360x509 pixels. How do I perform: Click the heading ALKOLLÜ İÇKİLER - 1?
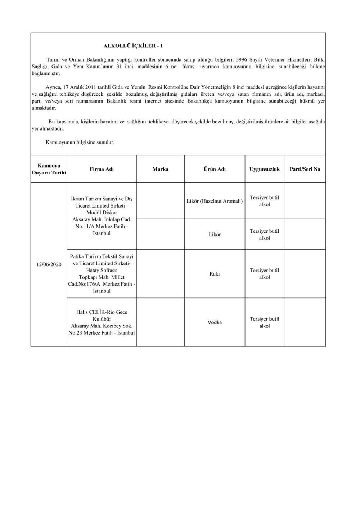133,46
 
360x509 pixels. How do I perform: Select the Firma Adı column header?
102,169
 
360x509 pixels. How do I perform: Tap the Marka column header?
160,169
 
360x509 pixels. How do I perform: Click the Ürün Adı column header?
215,169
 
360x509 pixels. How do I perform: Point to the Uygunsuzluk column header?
265,169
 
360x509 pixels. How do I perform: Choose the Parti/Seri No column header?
305,169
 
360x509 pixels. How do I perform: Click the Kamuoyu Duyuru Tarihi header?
49,169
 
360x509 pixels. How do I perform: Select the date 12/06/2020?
49,264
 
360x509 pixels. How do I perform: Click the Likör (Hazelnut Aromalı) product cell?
215,201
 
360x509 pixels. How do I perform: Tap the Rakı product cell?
215,274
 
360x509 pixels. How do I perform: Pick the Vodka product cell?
215,322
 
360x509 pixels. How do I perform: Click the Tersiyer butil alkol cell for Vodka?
265,322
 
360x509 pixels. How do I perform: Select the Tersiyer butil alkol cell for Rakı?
265,274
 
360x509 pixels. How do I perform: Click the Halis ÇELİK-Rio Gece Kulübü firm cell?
102,322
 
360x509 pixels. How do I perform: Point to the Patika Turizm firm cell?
102,274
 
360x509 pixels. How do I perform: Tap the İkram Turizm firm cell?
102,216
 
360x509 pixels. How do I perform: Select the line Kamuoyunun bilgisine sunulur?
80,142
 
